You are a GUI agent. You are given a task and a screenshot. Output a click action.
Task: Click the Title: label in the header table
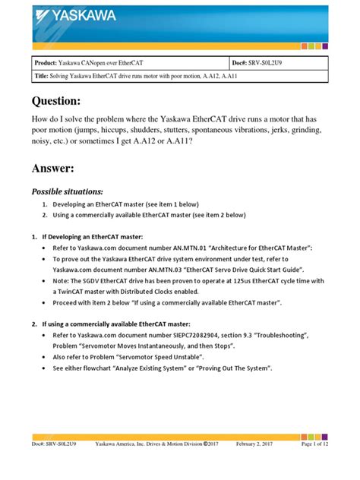(43, 77)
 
